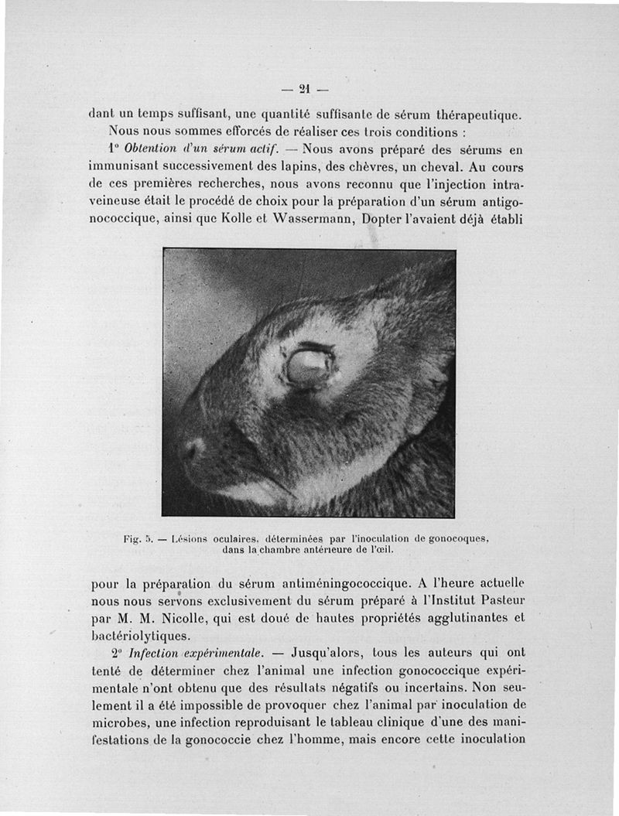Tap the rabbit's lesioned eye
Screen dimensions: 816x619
point(309,366)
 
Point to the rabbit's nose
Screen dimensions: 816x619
point(191,449)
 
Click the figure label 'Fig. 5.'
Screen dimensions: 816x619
point(140,538)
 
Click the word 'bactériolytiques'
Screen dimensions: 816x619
point(139,637)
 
